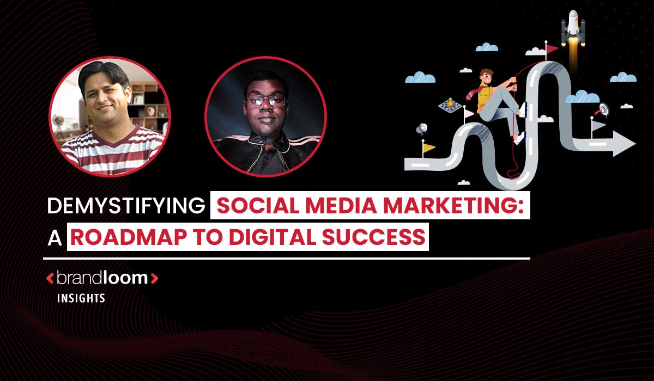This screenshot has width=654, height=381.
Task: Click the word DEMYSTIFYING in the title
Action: pyautogui.click(x=126, y=206)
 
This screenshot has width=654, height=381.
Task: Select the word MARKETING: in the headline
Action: pyautogui.click(x=453, y=206)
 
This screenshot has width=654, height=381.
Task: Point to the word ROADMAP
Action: pyautogui.click(x=129, y=237)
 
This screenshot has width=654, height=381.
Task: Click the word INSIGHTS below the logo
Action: pyautogui.click(x=81, y=298)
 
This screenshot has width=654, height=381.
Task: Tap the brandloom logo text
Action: pyautogui.click(x=102, y=278)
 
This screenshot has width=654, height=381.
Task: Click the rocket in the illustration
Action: pyautogui.click(x=573, y=28)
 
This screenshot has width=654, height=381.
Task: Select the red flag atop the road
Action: pyautogui.click(x=552, y=48)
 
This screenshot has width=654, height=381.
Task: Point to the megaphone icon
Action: pyautogui.click(x=422, y=129)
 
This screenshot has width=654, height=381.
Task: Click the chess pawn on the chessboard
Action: pyautogui.click(x=451, y=102)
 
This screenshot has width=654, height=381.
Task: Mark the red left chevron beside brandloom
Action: pyautogui.click(x=50, y=278)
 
